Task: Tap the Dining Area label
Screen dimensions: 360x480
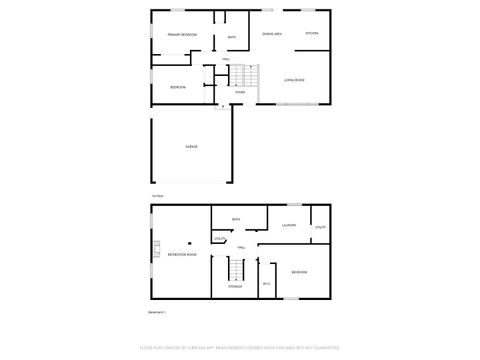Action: click(x=271, y=34)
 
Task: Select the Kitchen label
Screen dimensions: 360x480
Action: click(x=312, y=34)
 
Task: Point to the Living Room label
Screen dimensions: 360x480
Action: click(x=294, y=79)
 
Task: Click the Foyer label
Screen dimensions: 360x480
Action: click(x=240, y=92)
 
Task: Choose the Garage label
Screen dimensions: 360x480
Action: click(x=191, y=146)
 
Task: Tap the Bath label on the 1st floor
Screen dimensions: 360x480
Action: click(x=232, y=38)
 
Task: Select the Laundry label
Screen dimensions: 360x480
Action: click(x=290, y=226)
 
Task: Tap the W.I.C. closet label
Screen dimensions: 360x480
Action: click(x=266, y=285)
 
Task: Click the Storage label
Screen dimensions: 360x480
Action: click(x=234, y=286)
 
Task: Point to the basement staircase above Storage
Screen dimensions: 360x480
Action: click(x=237, y=268)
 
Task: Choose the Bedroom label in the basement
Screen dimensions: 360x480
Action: click(x=299, y=272)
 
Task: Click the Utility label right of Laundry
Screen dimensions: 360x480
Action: click(x=320, y=227)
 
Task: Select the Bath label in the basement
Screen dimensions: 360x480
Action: click(x=237, y=219)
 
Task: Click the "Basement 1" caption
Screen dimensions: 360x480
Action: click(x=158, y=312)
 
